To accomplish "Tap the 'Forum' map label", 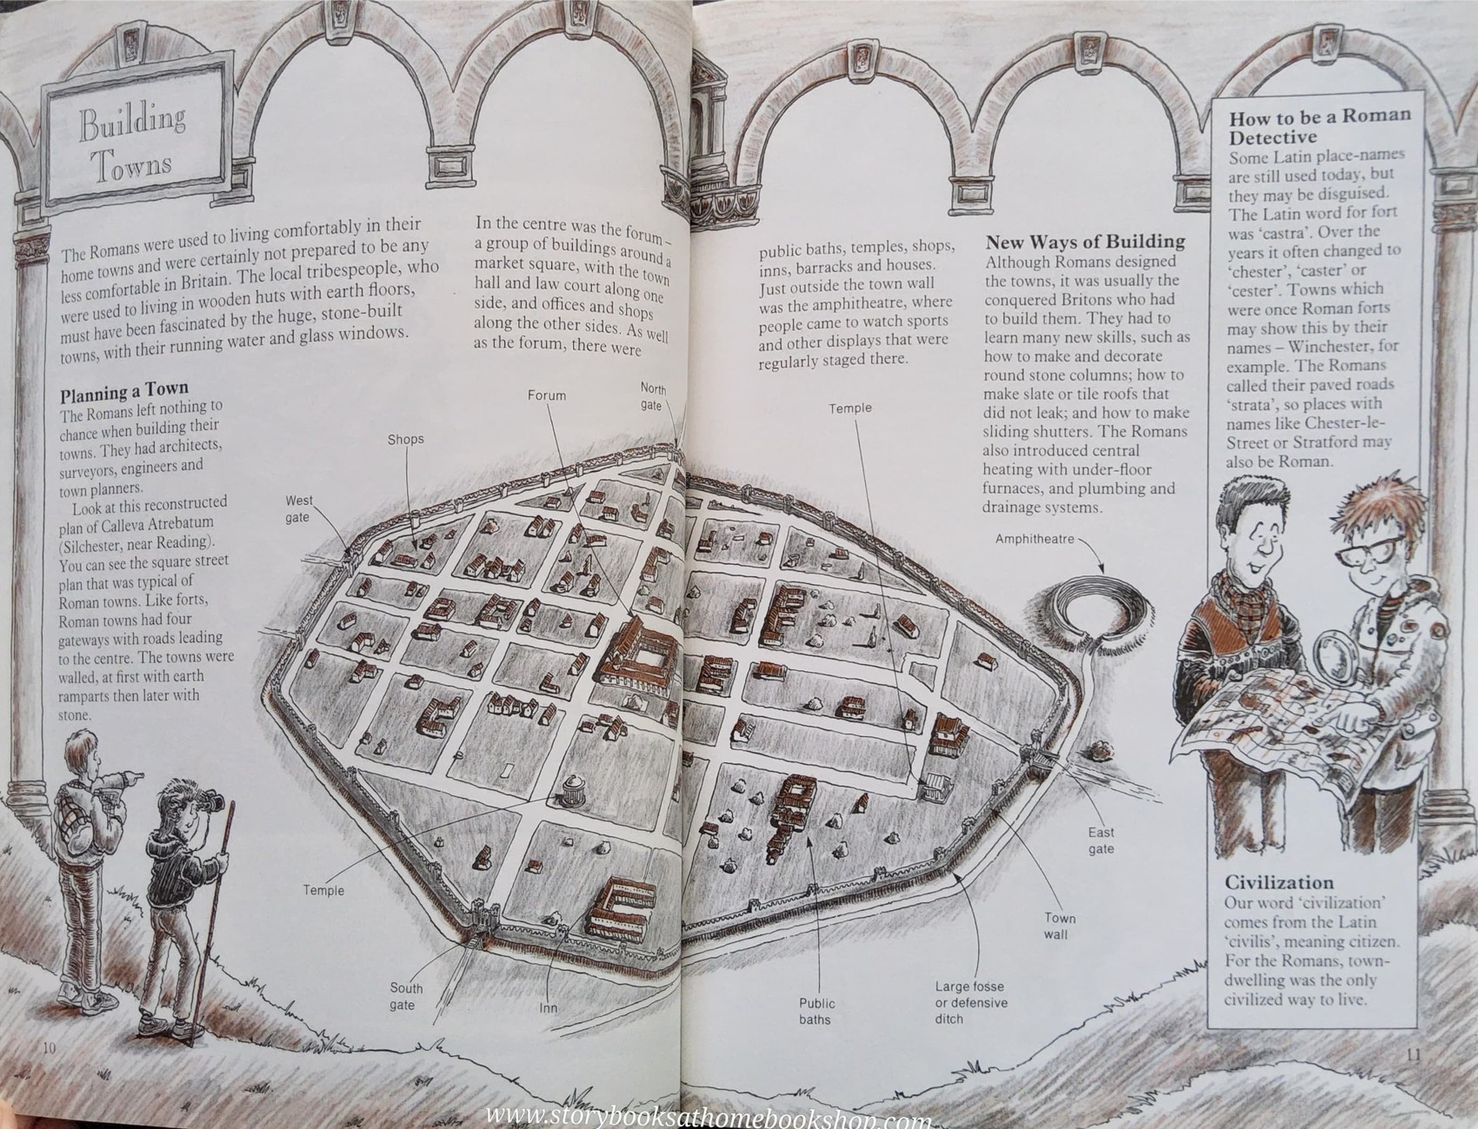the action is (x=546, y=395).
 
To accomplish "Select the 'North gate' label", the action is (x=652, y=397).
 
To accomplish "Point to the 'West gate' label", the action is (x=298, y=509).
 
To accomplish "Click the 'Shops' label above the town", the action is (x=405, y=439).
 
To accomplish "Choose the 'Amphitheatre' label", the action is (x=1035, y=540).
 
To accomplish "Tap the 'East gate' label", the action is (x=1101, y=840).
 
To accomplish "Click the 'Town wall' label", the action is (x=1060, y=926).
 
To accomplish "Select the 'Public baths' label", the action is (x=816, y=1012).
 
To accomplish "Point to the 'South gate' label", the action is (x=405, y=997).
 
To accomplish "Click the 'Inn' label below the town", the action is (x=548, y=1008).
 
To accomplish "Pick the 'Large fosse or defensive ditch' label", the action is (x=970, y=1002).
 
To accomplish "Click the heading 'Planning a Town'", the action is (x=123, y=390).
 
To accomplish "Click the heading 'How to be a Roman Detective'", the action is (x=1319, y=126).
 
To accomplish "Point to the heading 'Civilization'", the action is (x=1279, y=882).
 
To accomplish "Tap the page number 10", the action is (x=49, y=1047).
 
